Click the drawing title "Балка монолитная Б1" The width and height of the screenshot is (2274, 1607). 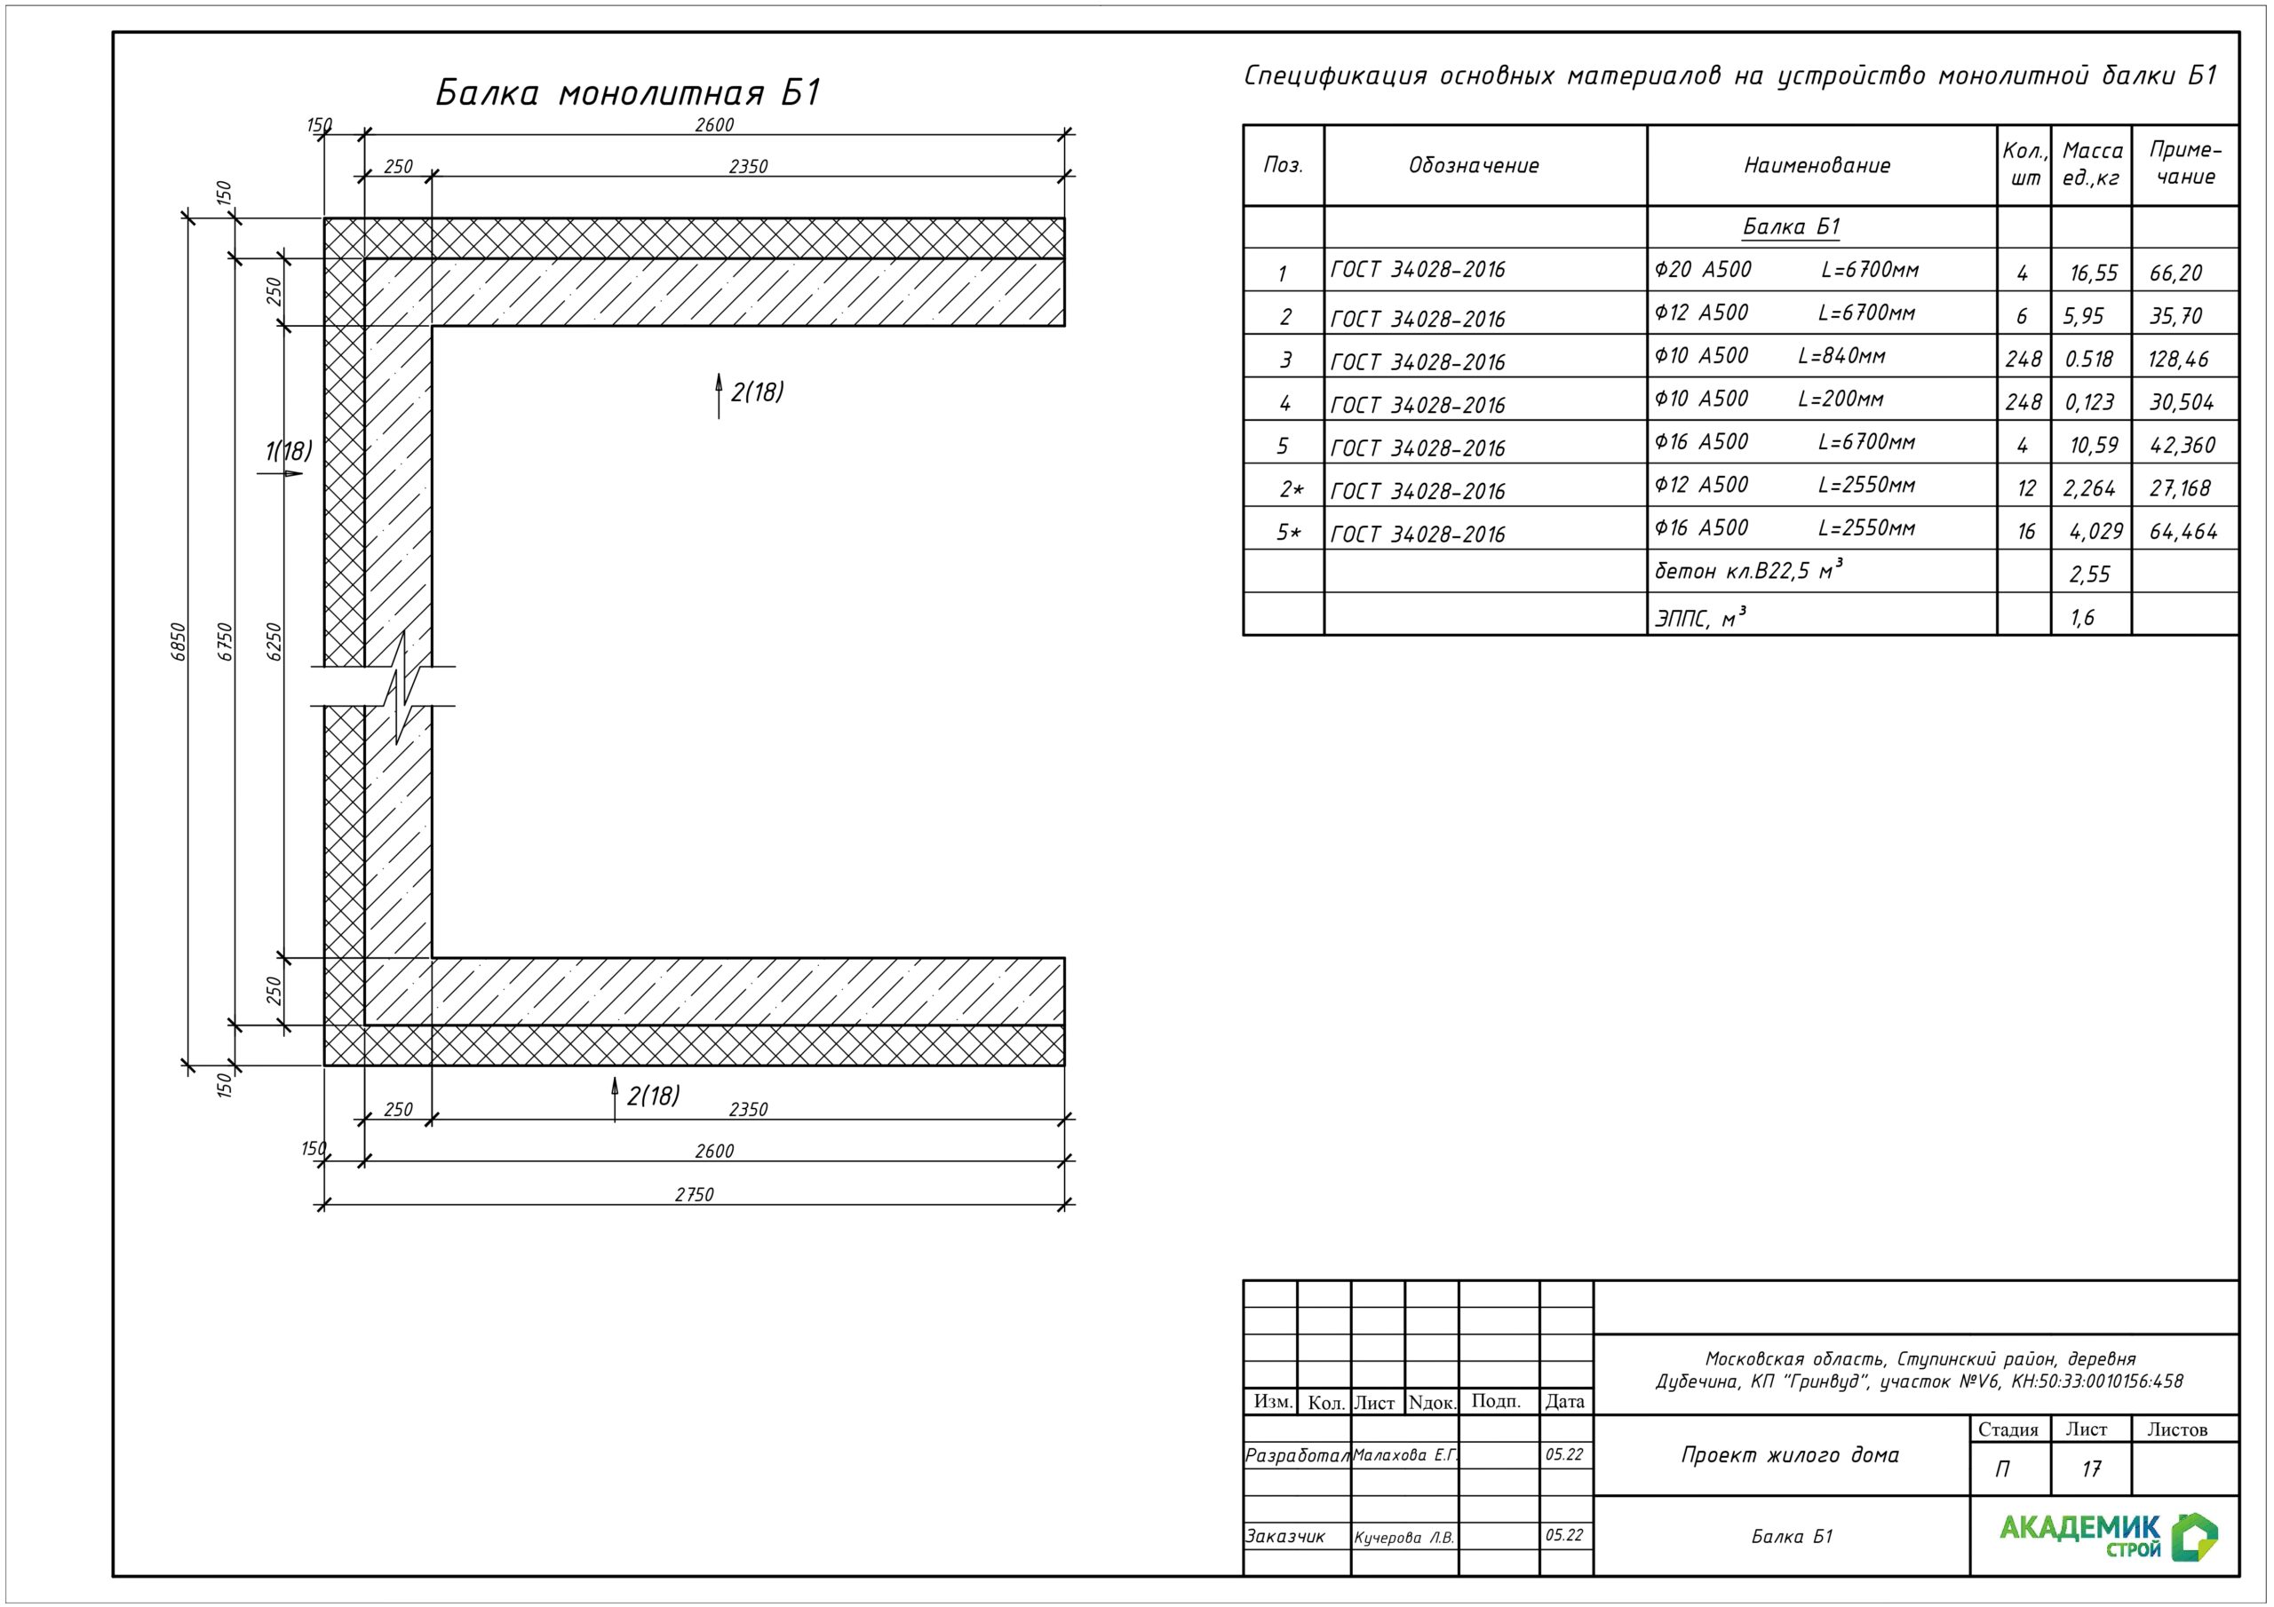click(629, 93)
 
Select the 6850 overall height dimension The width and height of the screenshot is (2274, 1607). click(179, 642)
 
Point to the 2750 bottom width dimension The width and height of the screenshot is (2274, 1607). click(695, 1195)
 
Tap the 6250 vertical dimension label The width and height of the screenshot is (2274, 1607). click(275, 642)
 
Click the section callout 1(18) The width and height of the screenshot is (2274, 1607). click(288, 453)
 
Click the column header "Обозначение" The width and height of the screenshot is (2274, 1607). click(1474, 165)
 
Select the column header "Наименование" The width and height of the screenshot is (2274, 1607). click(1817, 165)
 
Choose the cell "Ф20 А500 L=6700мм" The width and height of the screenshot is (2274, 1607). click(1786, 269)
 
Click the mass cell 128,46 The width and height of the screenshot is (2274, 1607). click(2178, 360)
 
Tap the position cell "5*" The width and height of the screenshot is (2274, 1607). click(1289, 533)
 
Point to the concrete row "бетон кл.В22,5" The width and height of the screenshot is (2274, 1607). click(1748, 570)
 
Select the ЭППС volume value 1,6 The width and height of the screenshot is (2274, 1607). click(2082, 618)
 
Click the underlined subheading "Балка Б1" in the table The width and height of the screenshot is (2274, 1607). click(1791, 226)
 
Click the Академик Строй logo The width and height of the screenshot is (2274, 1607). click(2108, 1536)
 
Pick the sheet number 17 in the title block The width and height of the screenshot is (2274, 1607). click(2091, 1469)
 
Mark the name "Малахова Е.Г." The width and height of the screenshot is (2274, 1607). click(1405, 1455)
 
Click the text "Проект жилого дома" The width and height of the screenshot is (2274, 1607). click(1790, 1455)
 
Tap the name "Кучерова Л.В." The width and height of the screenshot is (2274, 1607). click(1404, 1538)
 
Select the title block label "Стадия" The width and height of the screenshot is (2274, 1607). click(2008, 1429)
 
